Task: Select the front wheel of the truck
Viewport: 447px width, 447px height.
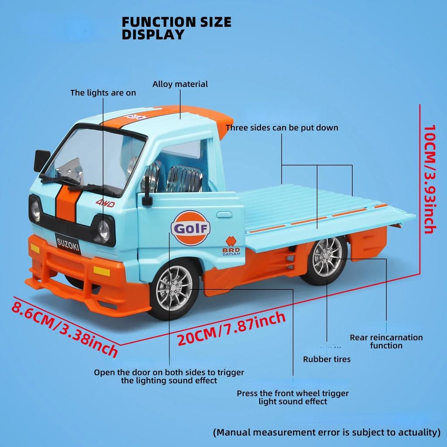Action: pos(174,288)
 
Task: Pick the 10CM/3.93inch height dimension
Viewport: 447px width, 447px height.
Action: pos(430,179)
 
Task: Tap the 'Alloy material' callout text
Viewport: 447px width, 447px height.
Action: pos(180,84)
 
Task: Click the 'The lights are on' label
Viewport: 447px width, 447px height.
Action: pos(103,93)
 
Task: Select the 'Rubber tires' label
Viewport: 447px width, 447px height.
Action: pos(327,359)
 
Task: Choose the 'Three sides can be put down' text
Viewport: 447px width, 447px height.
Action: pos(282,128)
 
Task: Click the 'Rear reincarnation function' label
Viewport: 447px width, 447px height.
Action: pos(386,341)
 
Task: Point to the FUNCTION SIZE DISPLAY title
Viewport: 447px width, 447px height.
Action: pos(176,28)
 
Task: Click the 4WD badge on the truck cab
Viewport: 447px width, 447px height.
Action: pos(105,203)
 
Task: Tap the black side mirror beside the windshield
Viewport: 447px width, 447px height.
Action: pos(42,160)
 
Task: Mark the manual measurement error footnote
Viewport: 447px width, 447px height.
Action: pos(327,432)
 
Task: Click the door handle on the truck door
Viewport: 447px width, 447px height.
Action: pos(225,214)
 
